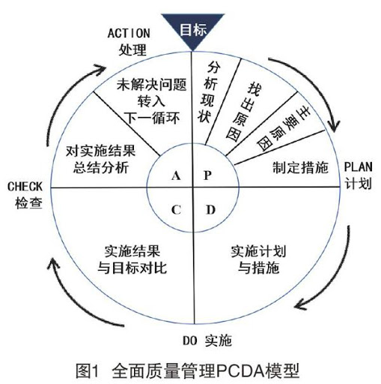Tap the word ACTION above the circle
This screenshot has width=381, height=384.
click(130, 34)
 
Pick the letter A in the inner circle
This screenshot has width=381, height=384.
click(177, 175)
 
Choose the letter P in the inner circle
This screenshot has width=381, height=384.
click(209, 175)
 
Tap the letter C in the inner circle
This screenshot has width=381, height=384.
click(177, 208)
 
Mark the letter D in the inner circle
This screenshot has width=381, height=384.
click(210, 208)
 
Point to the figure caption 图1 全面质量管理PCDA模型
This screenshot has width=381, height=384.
click(191, 370)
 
